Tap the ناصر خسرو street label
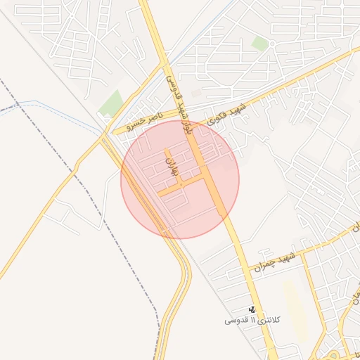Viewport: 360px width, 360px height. pyautogui.click(x=144, y=120)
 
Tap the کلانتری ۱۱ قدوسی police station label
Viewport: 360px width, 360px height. pyautogui.click(x=252, y=320)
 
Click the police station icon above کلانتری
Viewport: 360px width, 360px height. pyautogui.click(x=252, y=309)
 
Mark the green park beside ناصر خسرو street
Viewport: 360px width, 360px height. pyautogui.click(x=110, y=103)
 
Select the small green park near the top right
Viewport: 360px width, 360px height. pyautogui.click(x=260, y=44)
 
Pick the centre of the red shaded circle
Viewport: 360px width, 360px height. pyautogui.click(x=180, y=179)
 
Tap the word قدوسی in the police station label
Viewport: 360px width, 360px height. pyautogui.click(x=236, y=320)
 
